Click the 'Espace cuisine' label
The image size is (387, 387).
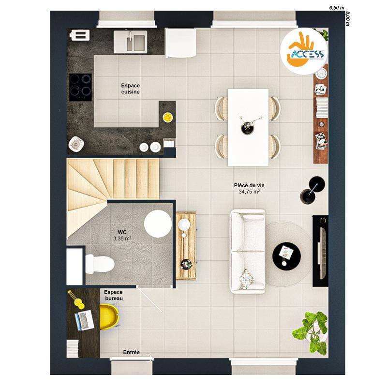click(x=130, y=89)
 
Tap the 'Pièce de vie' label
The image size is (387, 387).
click(x=249, y=185)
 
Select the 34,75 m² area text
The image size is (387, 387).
click(x=249, y=192)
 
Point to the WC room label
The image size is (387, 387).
click(x=122, y=232)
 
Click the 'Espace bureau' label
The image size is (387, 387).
click(x=114, y=295)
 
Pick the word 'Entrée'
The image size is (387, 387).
click(x=131, y=353)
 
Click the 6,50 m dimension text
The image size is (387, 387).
click(x=337, y=8)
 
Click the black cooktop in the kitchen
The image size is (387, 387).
click(x=80, y=87)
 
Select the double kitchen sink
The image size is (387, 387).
click(x=130, y=42)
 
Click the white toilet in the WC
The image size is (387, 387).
click(x=100, y=264)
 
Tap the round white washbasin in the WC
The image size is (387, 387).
click(x=158, y=224)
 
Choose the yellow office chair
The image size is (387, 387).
click(x=109, y=317)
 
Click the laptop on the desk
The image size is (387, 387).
click(x=84, y=320)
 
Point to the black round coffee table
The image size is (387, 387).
click(x=286, y=256)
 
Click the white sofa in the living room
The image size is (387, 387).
click(x=248, y=252)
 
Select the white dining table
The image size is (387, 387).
click(x=248, y=127)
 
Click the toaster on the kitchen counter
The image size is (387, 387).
click(x=79, y=35)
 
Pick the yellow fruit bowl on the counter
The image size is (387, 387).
click(x=168, y=117)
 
